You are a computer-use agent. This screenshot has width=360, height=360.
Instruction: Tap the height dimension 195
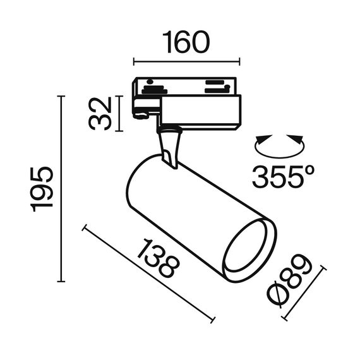[42, 190]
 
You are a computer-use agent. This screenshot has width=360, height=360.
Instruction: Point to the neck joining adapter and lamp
[169, 147]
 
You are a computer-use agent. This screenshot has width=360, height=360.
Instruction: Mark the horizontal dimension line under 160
[186, 61]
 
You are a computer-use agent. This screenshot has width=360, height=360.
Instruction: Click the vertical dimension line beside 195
[61, 189]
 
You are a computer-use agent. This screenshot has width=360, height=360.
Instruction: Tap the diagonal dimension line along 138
[148, 273]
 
